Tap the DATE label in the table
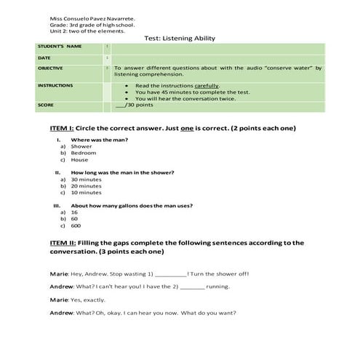pos(44,57)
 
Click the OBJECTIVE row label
pos(50,68)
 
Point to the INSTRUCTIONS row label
pos(55,85)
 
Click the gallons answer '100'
pos(76,225)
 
